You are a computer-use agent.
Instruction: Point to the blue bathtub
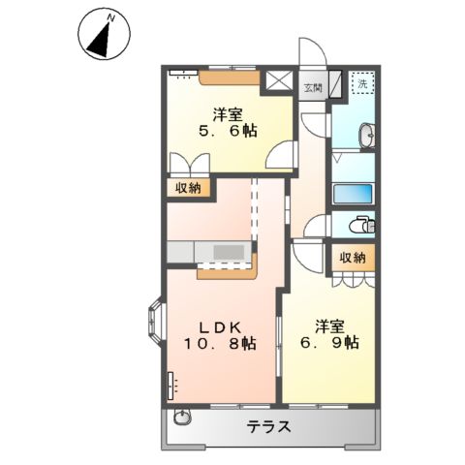pyautogui.click(x=354, y=194)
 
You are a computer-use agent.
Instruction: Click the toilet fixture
pyautogui.click(x=360, y=225)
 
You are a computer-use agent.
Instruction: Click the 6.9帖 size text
pyautogui.click(x=325, y=342)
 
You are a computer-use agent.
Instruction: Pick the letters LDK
pyautogui.click(x=220, y=325)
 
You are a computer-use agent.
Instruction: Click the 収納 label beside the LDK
pyautogui.click(x=189, y=189)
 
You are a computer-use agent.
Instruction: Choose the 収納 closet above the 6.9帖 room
pyautogui.click(x=353, y=257)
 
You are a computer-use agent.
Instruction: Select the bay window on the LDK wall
pyautogui.click(x=155, y=319)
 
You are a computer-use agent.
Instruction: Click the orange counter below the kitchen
pyautogui.click(x=227, y=272)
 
